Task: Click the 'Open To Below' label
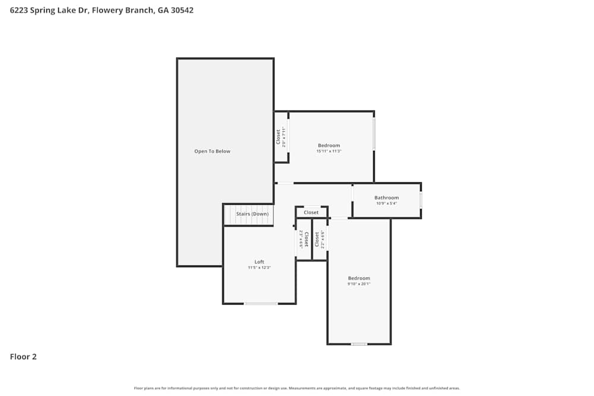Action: click(212, 151)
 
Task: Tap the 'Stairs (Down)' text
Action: click(252, 214)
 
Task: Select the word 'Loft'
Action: click(259, 262)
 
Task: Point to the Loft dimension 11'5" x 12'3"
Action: click(259, 268)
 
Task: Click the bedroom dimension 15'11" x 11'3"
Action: click(328, 151)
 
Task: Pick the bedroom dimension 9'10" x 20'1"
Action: click(359, 284)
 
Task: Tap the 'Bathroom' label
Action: click(386, 198)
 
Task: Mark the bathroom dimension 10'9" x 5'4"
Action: click(386, 204)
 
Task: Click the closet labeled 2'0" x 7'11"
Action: click(281, 137)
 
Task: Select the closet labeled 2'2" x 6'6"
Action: click(320, 239)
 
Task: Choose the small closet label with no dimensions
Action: click(311, 213)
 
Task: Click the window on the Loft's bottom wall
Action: click(261, 304)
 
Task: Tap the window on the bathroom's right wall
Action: click(421, 200)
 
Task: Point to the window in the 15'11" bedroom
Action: click(374, 134)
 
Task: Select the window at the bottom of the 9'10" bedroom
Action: click(358, 344)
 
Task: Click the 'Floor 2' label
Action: click(23, 357)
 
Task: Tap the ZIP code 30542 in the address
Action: click(182, 10)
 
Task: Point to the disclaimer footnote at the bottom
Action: click(297, 388)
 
